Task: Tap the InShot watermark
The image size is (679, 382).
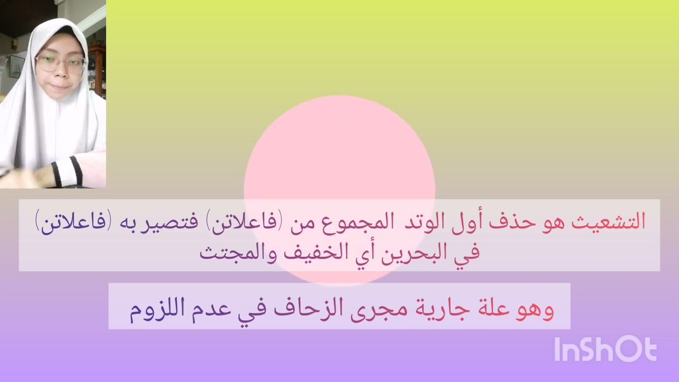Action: [605, 350]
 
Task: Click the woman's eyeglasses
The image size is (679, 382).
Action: [60, 65]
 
